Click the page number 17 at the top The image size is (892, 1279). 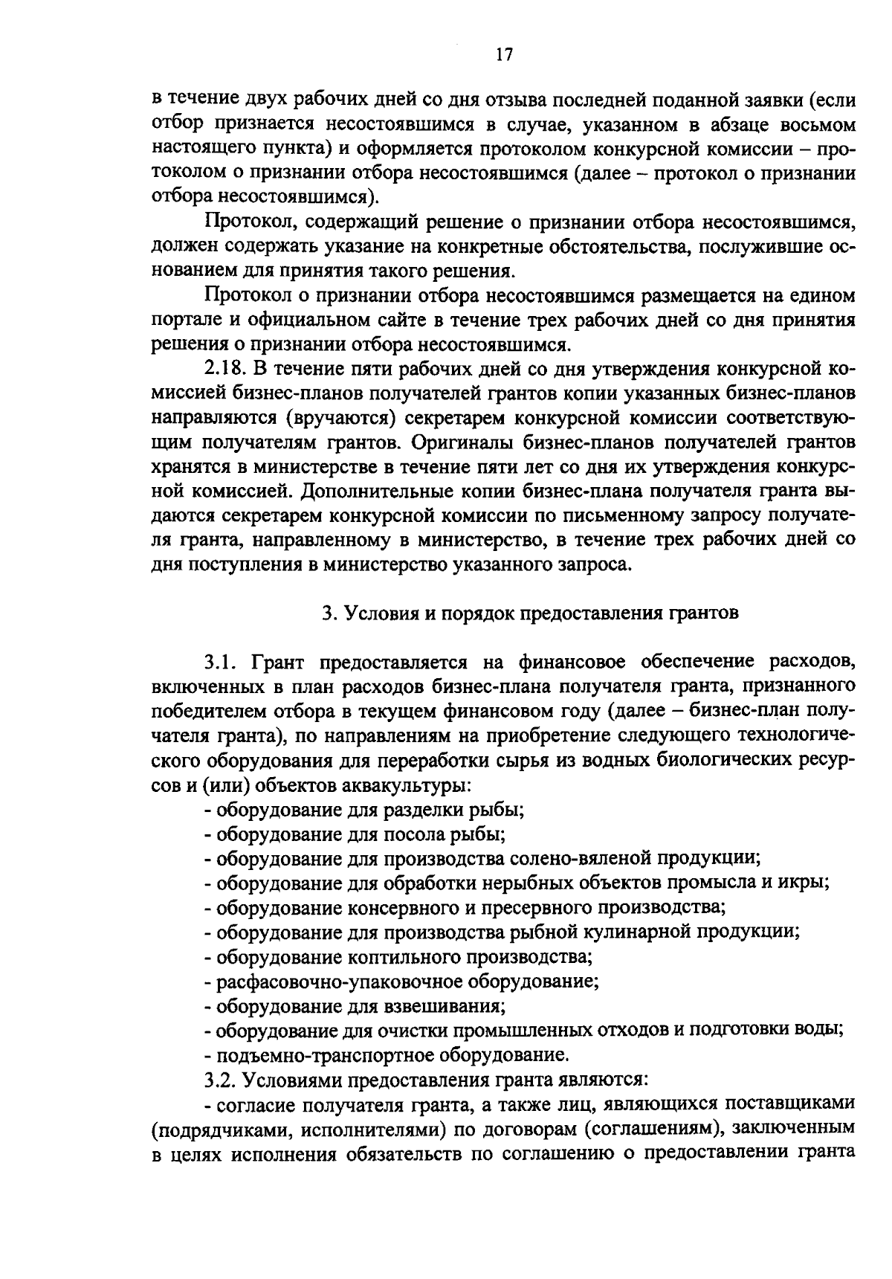click(503, 54)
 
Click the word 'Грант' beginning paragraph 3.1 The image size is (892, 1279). click(277, 661)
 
